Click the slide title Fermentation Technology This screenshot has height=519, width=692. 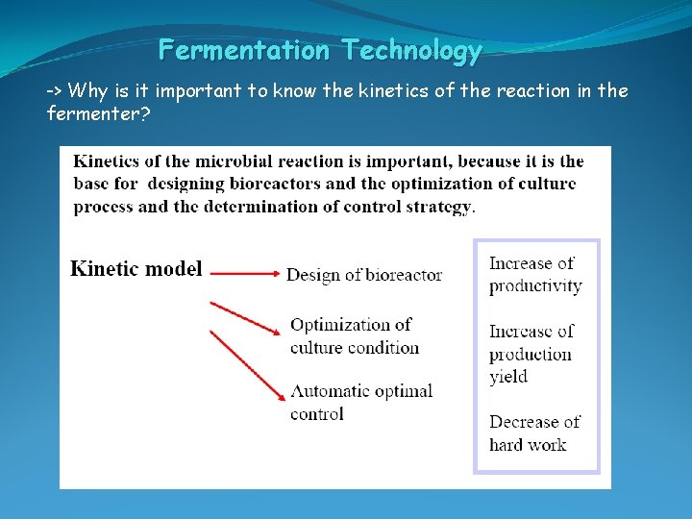pos(320,50)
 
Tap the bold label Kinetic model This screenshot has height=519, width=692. pos(136,269)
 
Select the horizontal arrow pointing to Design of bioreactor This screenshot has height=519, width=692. pos(244,274)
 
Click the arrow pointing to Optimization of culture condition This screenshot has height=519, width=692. pos(245,318)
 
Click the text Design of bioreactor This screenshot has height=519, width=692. pos(364,275)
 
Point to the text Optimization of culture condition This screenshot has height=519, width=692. pos(355,336)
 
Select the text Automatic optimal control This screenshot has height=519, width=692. pos(361,403)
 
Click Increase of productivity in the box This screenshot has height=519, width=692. pos(535,275)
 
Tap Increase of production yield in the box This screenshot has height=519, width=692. pos(531,354)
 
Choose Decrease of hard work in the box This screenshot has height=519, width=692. pos(534,433)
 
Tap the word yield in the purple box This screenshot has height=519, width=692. pos(508,377)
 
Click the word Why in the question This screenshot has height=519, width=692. pos(88,91)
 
